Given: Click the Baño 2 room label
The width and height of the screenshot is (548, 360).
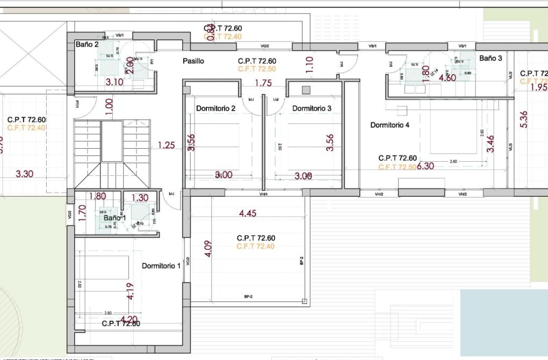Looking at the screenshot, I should pos(86,45).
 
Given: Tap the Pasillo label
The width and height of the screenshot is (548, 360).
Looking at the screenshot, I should pos(193,61).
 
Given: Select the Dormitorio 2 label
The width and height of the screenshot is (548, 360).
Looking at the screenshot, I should pos(215,109).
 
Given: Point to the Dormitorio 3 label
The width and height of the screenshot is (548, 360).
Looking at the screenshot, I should pos(312,109).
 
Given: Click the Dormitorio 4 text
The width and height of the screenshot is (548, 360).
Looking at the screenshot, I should pos(390,125).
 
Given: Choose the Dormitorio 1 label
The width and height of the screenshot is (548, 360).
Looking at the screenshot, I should pos(161,266).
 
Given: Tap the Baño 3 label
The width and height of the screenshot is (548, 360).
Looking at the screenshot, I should pos(491,58).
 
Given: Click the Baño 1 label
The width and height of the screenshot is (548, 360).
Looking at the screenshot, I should pos(114,218).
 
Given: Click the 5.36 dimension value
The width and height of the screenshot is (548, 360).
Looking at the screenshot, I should pos(524,119).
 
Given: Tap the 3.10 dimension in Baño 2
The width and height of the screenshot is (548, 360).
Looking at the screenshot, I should pos(114,82).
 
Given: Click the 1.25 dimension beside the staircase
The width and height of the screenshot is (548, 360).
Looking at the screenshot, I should pos(166,145).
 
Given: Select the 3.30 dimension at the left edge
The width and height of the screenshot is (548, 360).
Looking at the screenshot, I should pos(25,174).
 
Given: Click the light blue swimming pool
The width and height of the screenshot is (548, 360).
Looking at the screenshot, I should pos(503,322).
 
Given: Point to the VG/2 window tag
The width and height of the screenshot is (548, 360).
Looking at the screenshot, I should pos(264,47).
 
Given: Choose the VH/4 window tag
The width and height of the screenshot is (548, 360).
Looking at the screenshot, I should pos(264,194).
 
